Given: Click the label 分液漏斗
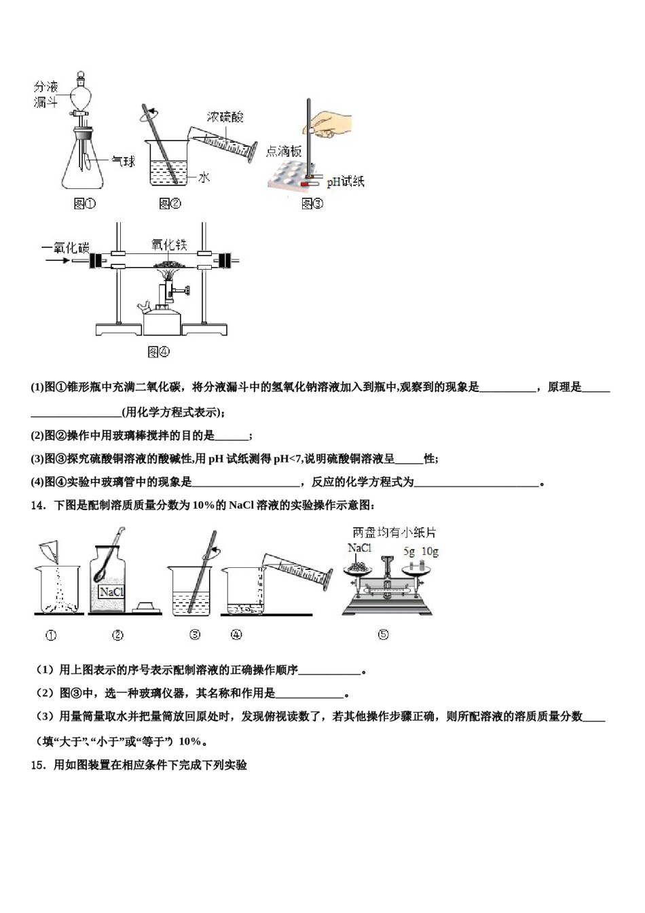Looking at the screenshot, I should pos(46,94).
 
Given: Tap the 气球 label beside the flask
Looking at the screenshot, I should pos(123,161).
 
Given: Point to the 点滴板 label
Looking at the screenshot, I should pos(283,151).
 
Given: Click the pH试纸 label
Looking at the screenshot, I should pos(345,181).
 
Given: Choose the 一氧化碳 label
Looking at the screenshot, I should pos(65,247).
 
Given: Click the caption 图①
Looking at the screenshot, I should pos(84,203).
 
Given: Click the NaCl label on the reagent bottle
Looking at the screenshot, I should pos(111,592).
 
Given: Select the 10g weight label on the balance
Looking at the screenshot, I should pos(430,552).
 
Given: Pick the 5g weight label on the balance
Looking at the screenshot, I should pos(409,552).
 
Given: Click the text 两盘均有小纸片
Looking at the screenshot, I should pos(394,533).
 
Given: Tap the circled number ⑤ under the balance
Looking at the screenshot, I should pos(383,634).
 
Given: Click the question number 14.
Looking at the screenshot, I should pos(38,505).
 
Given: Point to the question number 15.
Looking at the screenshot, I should pos(38,765).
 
